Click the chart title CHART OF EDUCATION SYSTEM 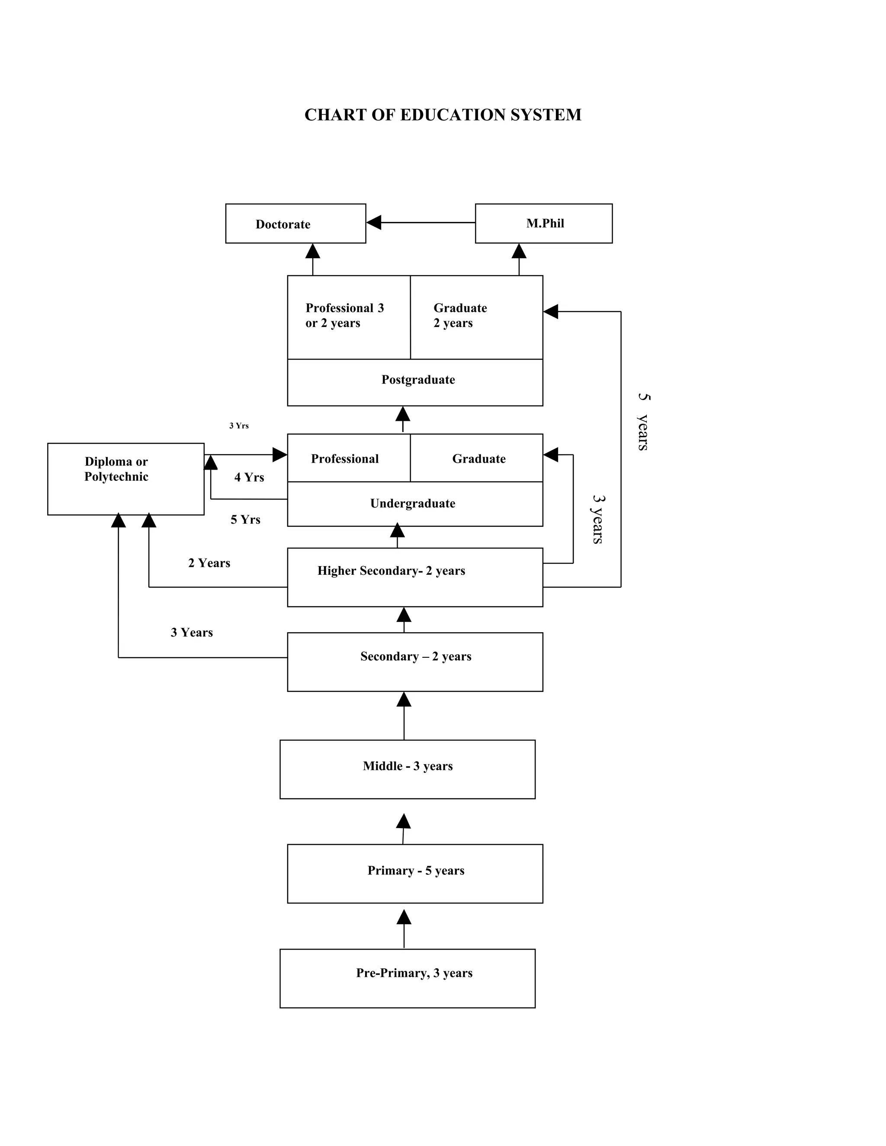point(443,115)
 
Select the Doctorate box point(295,224)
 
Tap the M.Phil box point(543,224)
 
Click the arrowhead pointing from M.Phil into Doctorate point(374,222)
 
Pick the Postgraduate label point(418,379)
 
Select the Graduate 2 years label point(460,315)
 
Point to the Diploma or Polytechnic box point(125,479)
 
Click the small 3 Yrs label point(239,426)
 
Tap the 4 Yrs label point(249,477)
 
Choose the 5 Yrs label point(245,519)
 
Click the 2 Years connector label point(209,563)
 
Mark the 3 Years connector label point(192,632)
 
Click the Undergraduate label point(413,503)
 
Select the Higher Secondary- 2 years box point(414,577)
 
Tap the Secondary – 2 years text point(416,656)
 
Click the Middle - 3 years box point(407,769)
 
